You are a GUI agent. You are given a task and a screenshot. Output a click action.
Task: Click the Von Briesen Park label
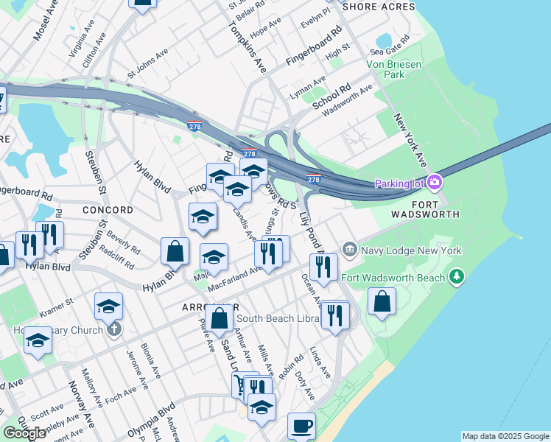[x=396, y=69]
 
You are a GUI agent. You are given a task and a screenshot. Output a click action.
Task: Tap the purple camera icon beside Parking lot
[x=435, y=183]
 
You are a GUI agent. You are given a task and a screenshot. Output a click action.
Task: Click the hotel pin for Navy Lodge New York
[x=349, y=250]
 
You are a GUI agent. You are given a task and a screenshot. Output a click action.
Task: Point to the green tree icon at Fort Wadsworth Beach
[x=458, y=277]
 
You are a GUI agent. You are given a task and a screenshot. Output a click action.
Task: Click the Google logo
[x=24, y=433]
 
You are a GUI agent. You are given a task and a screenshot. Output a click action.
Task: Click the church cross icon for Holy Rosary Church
[x=113, y=329]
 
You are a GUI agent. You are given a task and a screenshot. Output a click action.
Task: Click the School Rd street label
[x=331, y=97]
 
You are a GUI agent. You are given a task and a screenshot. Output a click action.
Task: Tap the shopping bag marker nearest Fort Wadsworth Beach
[x=382, y=301]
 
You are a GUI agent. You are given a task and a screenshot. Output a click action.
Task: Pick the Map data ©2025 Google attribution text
[x=505, y=436]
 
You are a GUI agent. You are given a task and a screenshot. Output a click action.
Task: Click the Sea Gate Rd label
[x=387, y=52]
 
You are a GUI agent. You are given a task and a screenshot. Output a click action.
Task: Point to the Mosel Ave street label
[x=45, y=21]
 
